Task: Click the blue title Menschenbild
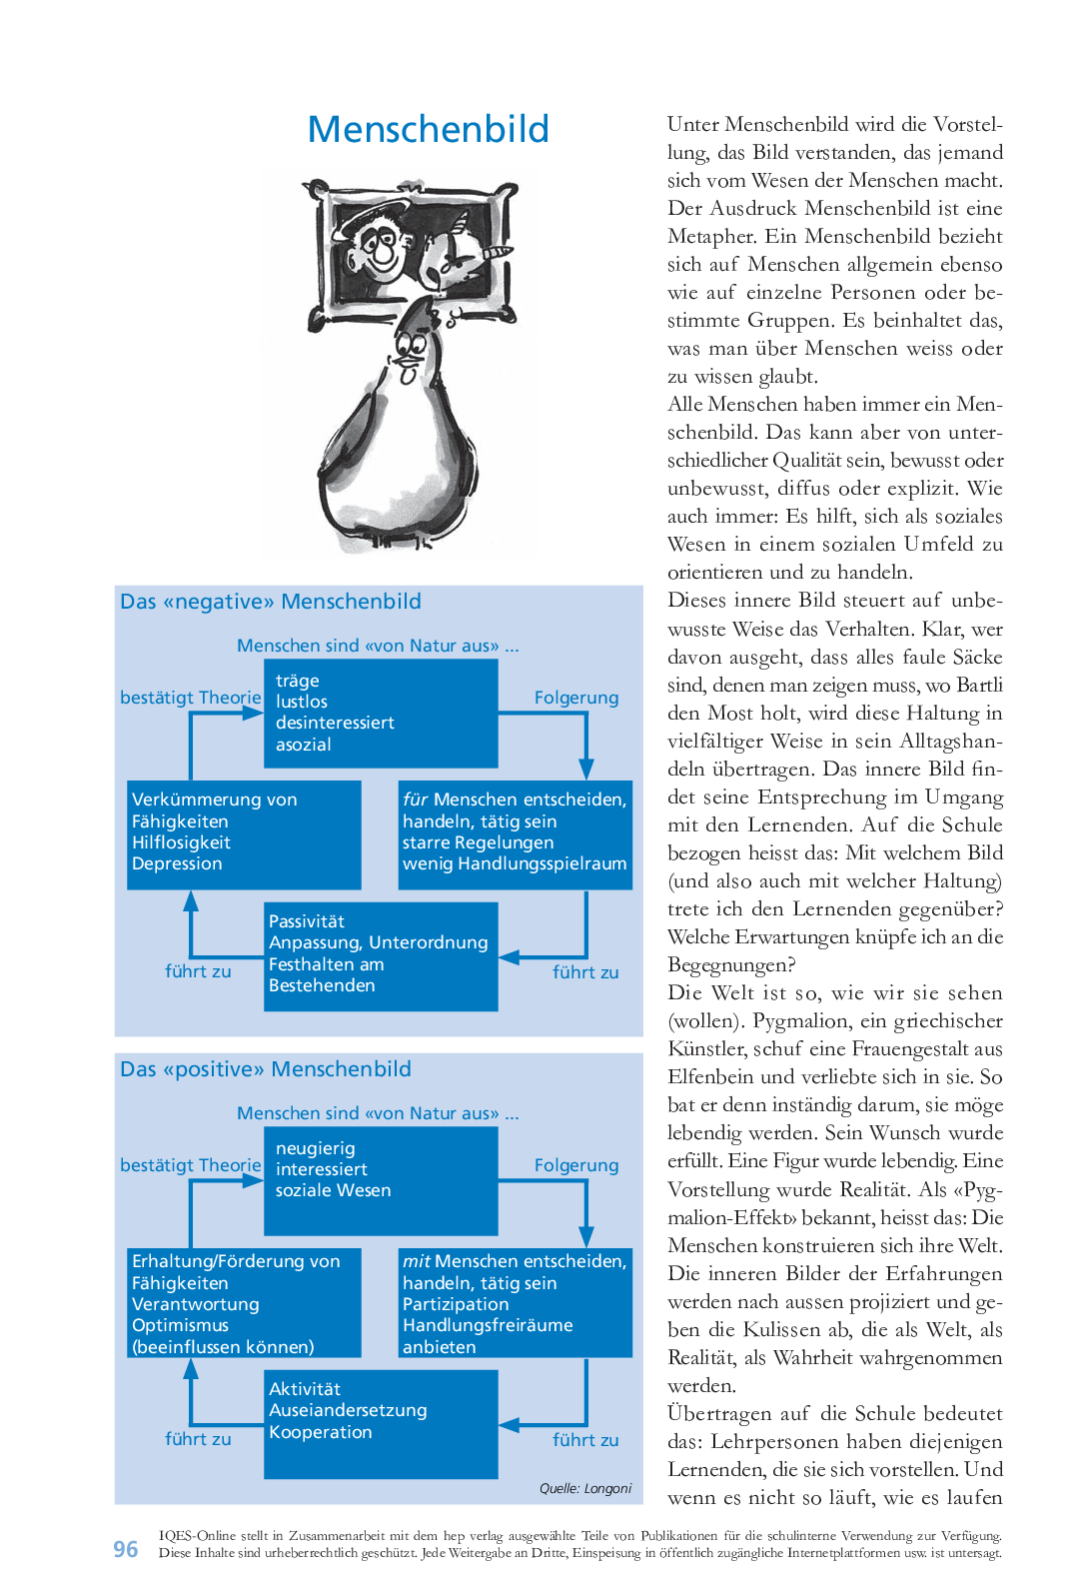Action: tap(428, 129)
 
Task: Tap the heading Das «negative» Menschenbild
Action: tap(270, 602)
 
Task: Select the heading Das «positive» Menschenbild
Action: tap(265, 1069)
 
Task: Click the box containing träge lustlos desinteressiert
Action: tap(381, 714)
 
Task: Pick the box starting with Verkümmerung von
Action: tap(244, 834)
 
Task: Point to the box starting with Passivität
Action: tap(381, 956)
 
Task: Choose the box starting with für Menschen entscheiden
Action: tap(515, 834)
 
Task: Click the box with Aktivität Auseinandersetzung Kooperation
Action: tap(381, 1423)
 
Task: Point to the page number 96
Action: tap(126, 1549)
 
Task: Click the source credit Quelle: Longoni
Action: tap(585, 1488)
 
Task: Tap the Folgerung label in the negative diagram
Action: tap(576, 698)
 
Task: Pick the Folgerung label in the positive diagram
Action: tap(576, 1165)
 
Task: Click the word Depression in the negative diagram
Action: tap(177, 863)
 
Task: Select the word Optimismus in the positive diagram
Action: tap(180, 1325)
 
